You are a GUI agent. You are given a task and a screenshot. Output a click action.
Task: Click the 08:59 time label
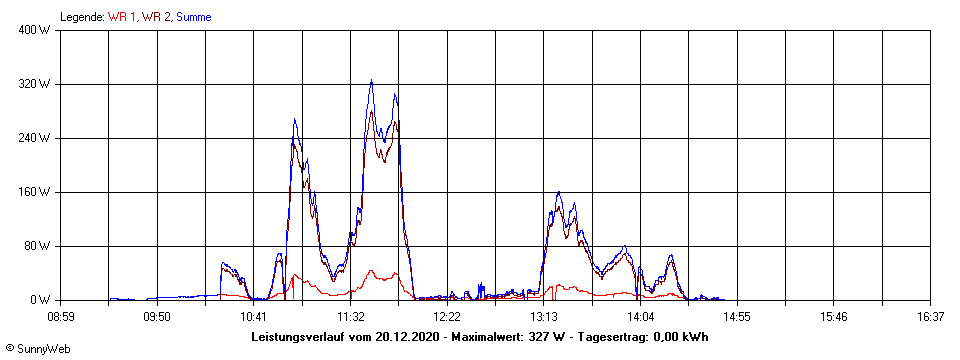tap(61, 317)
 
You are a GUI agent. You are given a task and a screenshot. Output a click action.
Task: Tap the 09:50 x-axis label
tap(157, 317)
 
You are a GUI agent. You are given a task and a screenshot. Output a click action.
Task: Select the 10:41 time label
tap(254, 317)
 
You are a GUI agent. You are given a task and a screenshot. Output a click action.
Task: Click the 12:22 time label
tap(447, 317)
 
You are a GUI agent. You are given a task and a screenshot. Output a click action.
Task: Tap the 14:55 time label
tap(737, 317)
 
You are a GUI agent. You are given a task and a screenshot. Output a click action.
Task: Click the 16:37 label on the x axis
tap(930, 317)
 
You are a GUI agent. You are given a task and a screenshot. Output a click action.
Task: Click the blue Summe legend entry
tap(193, 17)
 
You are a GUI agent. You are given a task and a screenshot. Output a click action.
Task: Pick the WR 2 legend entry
tap(157, 17)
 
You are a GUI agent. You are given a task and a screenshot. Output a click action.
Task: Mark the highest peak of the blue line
tap(371, 81)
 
